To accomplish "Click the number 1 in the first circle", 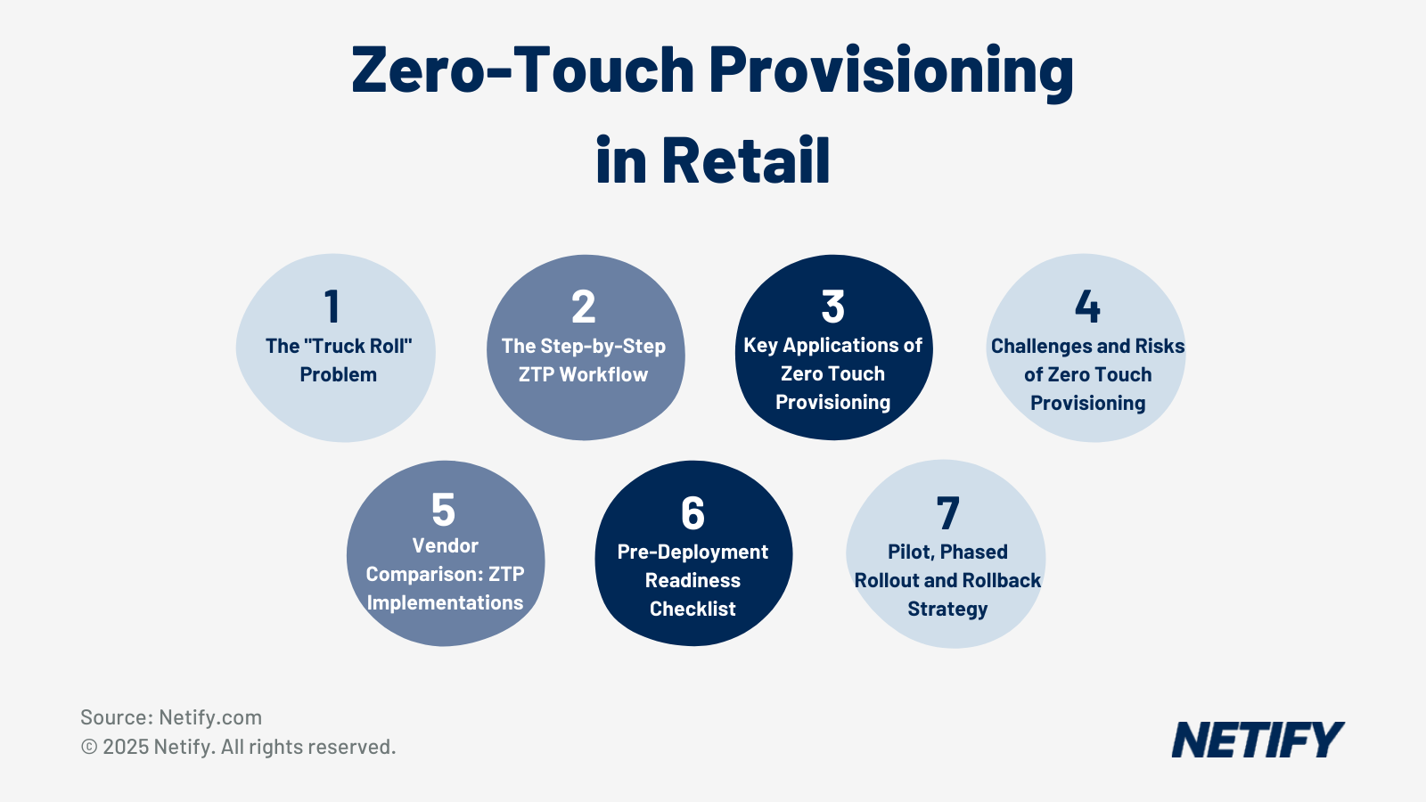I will coord(332,307).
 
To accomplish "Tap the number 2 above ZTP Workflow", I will coord(584,307).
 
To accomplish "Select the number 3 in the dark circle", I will coord(833,307).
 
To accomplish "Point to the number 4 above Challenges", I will coord(1087,307).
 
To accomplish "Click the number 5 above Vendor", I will coord(443,511).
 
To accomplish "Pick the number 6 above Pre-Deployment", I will coord(693,513).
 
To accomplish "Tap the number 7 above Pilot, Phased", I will coord(947,514).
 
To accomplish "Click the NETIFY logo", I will coord(1257,741).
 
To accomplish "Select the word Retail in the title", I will coord(745,161).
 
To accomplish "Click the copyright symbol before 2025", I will coord(89,748).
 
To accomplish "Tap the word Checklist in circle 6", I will coord(693,609).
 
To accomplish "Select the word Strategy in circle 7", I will coord(947,609).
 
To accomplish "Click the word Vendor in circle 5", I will coord(445,545).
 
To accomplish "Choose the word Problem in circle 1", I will coord(338,374).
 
